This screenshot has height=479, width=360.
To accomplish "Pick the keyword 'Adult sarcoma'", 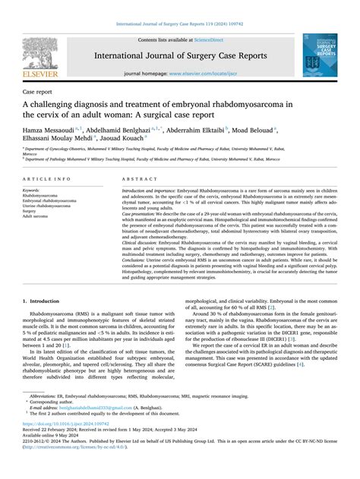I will pos(38,216).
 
